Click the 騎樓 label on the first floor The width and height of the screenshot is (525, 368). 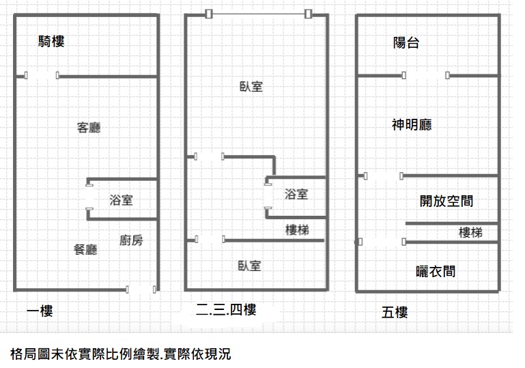[x=51, y=42]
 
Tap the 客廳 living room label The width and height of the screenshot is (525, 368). [x=89, y=128]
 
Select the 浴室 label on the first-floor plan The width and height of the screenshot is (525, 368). [x=122, y=200]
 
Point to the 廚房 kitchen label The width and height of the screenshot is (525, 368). [x=131, y=240]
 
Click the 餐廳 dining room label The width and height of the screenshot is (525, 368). [x=85, y=249]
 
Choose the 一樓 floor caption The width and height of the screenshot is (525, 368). [x=40, y=311]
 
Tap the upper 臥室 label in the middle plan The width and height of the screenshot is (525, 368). [x=251, y=87]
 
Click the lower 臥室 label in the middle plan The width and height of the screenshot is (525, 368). [x=249, y=266]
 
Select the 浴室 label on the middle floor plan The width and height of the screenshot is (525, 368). [x=296, y=194]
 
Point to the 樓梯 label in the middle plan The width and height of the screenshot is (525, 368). [x=297, y=230]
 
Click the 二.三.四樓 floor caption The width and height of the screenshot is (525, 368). [x=226, y=310]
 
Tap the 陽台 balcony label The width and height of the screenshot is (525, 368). [x=406, y=43]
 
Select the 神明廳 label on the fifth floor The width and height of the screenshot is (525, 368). [x=412, y=125]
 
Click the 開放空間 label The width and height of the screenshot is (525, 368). [x=446, y=201]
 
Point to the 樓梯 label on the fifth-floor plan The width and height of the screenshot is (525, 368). [x=471, y=232]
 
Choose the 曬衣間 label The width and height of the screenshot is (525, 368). [x=436, y=272]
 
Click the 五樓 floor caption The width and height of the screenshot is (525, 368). [x=395, y=313]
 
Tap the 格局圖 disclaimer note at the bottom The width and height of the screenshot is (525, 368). [x=121, y=354]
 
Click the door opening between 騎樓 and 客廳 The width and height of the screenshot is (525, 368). [x=42, y=76]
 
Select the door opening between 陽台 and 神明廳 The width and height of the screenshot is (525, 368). [x=425, y=75]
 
